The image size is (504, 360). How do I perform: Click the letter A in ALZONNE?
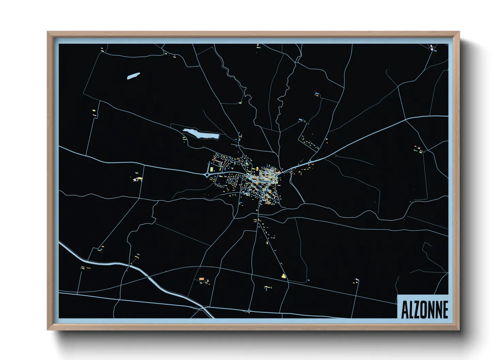coord(405,310)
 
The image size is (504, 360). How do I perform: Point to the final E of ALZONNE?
coord(445,310)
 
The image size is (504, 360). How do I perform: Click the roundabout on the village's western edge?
coord(207,175)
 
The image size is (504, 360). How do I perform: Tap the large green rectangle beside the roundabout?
coord(211,169)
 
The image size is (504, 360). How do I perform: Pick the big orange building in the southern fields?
coord(201,279)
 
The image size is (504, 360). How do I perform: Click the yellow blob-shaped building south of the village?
coord(283,276)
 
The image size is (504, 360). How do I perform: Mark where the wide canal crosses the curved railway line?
coord(149,276)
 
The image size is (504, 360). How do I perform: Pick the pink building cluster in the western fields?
coord(138,178)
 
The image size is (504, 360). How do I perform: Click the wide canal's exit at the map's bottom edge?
coord(211,317)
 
